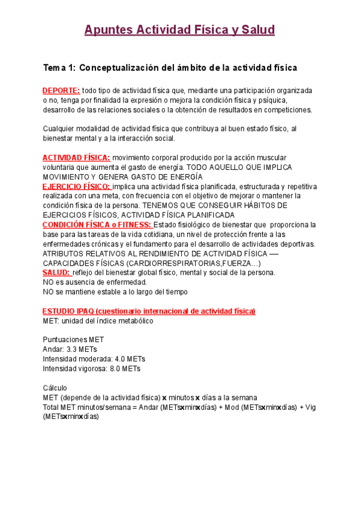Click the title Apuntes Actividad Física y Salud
pos(179,30)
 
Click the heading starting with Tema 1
pos(170,68)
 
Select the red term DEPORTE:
pos(61,90)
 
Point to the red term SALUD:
pos(56,273)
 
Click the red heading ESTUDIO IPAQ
pos(149,311)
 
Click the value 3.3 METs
pos(82,349)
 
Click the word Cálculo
pos(55,388)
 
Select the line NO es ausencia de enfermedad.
pos(94,282)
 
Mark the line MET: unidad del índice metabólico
pos(98,321)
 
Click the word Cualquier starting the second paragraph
pos(59,128)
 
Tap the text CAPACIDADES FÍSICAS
pos(84,263)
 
